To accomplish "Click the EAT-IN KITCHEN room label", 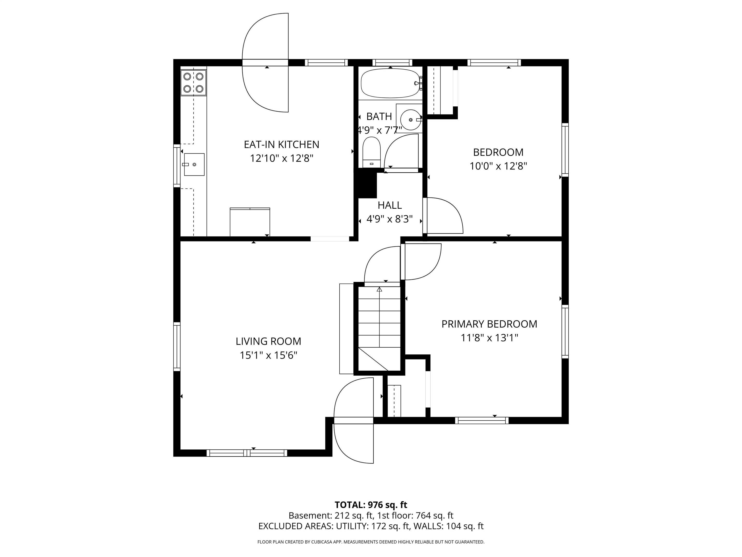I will tap(281, 144).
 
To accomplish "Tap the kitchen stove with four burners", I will tap(193, 83).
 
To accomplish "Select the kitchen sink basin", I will tap(194, 165).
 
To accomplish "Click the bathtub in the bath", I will tap(390, 83).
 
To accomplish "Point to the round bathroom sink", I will tap(410, 119).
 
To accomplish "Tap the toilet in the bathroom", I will tap(371, 153).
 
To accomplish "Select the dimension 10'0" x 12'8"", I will tap(498, 166).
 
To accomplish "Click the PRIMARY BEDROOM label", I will tap(489, 324).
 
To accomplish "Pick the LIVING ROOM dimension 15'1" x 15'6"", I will tap(268, 355).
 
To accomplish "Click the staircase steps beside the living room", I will tap(379, 322).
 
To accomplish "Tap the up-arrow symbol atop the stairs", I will tap(379, 289).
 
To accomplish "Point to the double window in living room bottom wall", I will tap(247, 453).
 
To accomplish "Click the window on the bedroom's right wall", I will tap(565, 150).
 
